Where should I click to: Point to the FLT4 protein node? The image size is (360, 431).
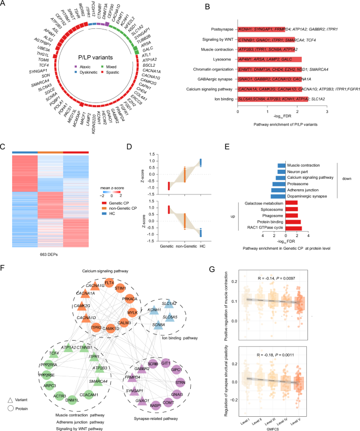coord(109,283)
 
